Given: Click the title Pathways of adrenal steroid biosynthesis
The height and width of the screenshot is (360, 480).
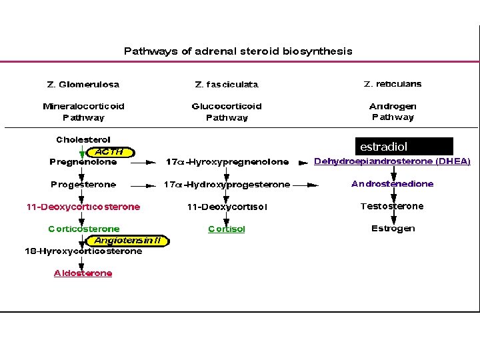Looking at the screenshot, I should (x=238, y=51).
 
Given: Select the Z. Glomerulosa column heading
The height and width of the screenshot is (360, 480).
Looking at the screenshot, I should (x=83, y=85).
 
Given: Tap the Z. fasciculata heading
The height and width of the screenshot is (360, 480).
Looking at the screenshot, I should (x=227, y=85).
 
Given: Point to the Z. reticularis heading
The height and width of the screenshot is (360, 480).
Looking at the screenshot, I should (x=393, y=84).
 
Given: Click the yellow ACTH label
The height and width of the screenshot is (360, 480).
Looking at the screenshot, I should (x=110, y=151).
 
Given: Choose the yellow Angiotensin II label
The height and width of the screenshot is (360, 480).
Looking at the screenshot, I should (x=131, y=241).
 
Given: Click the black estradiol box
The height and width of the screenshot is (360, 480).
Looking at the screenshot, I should (x=404, y=147).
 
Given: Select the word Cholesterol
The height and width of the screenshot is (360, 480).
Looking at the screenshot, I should (x=83, y=140).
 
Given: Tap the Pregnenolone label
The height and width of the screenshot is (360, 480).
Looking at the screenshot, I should (x=83, y=162).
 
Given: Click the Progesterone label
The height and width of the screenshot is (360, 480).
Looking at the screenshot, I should (x=83, y=184).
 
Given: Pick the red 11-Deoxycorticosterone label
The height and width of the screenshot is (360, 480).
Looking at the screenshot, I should (x=83, y=207).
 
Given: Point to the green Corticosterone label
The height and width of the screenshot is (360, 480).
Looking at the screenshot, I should (x=84, y=229).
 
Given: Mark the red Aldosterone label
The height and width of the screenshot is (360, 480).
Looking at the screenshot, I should (x=83, y=273).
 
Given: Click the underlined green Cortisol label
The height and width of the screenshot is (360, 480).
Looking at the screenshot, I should (x=227, y=229).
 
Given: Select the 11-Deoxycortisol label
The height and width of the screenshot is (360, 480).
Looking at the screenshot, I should (x=227, y=207).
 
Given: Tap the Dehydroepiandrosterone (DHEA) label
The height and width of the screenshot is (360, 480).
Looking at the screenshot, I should (x=392, y=161).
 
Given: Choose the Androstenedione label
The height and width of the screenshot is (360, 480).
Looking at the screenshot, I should (x=392, y=184).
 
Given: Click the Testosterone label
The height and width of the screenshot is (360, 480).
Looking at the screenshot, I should (x=392, y=206).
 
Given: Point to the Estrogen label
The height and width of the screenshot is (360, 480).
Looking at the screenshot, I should (x=393, y=228).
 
